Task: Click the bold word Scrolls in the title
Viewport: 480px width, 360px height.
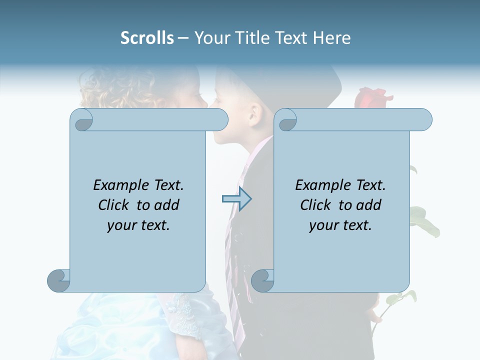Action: pos(147,38)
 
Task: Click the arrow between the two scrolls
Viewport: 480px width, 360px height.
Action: pos(236,199)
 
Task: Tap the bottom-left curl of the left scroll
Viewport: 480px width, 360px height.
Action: pos(59,280)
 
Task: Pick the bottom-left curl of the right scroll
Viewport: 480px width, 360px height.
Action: pos(263,280)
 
